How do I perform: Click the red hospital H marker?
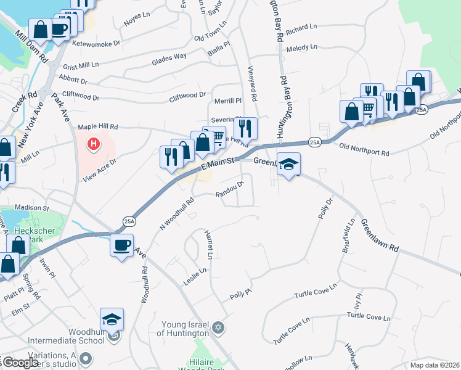93,144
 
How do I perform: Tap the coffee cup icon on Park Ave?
122,245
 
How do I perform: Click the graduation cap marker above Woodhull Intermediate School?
112,319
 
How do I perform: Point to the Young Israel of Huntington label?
186,329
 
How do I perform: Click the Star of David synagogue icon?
218,326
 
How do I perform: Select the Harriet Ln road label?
210,246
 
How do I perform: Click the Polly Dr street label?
325,209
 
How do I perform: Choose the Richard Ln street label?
301,28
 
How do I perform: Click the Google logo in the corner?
20,363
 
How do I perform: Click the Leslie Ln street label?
194,275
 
